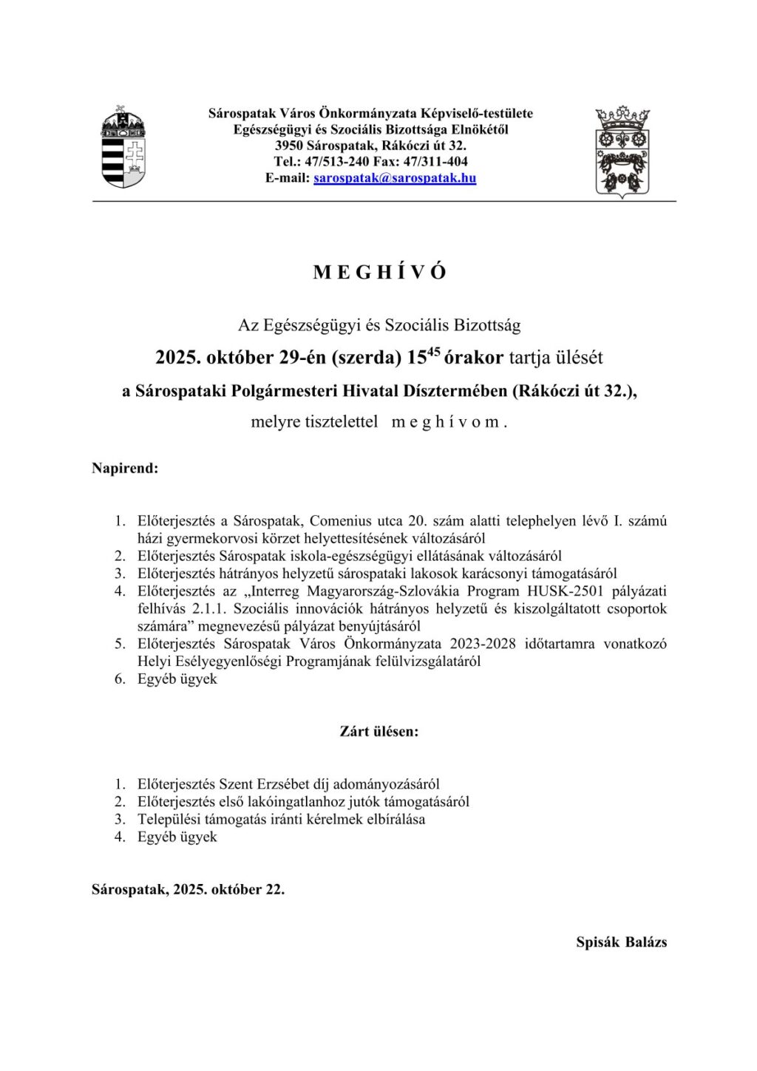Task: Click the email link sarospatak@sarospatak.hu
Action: pyautogui.click(x=395, y=178)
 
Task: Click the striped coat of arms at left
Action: pyautogui.click(x=123, y=148)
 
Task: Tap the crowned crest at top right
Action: pyautogui.click(x=622, y=151)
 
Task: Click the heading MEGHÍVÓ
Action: pyautogui.click(x=380, y=272)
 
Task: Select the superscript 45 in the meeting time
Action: pyautogui.click(x=434, y=352)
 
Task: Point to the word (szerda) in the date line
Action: pyautogui.click(x=366, y=358)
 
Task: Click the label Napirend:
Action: pyautogui.click(x=125, y=468)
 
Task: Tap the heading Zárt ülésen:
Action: pyautogui.click(x=379, y=732)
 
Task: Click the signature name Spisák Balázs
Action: pyautogui.click(x=622, y=942)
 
